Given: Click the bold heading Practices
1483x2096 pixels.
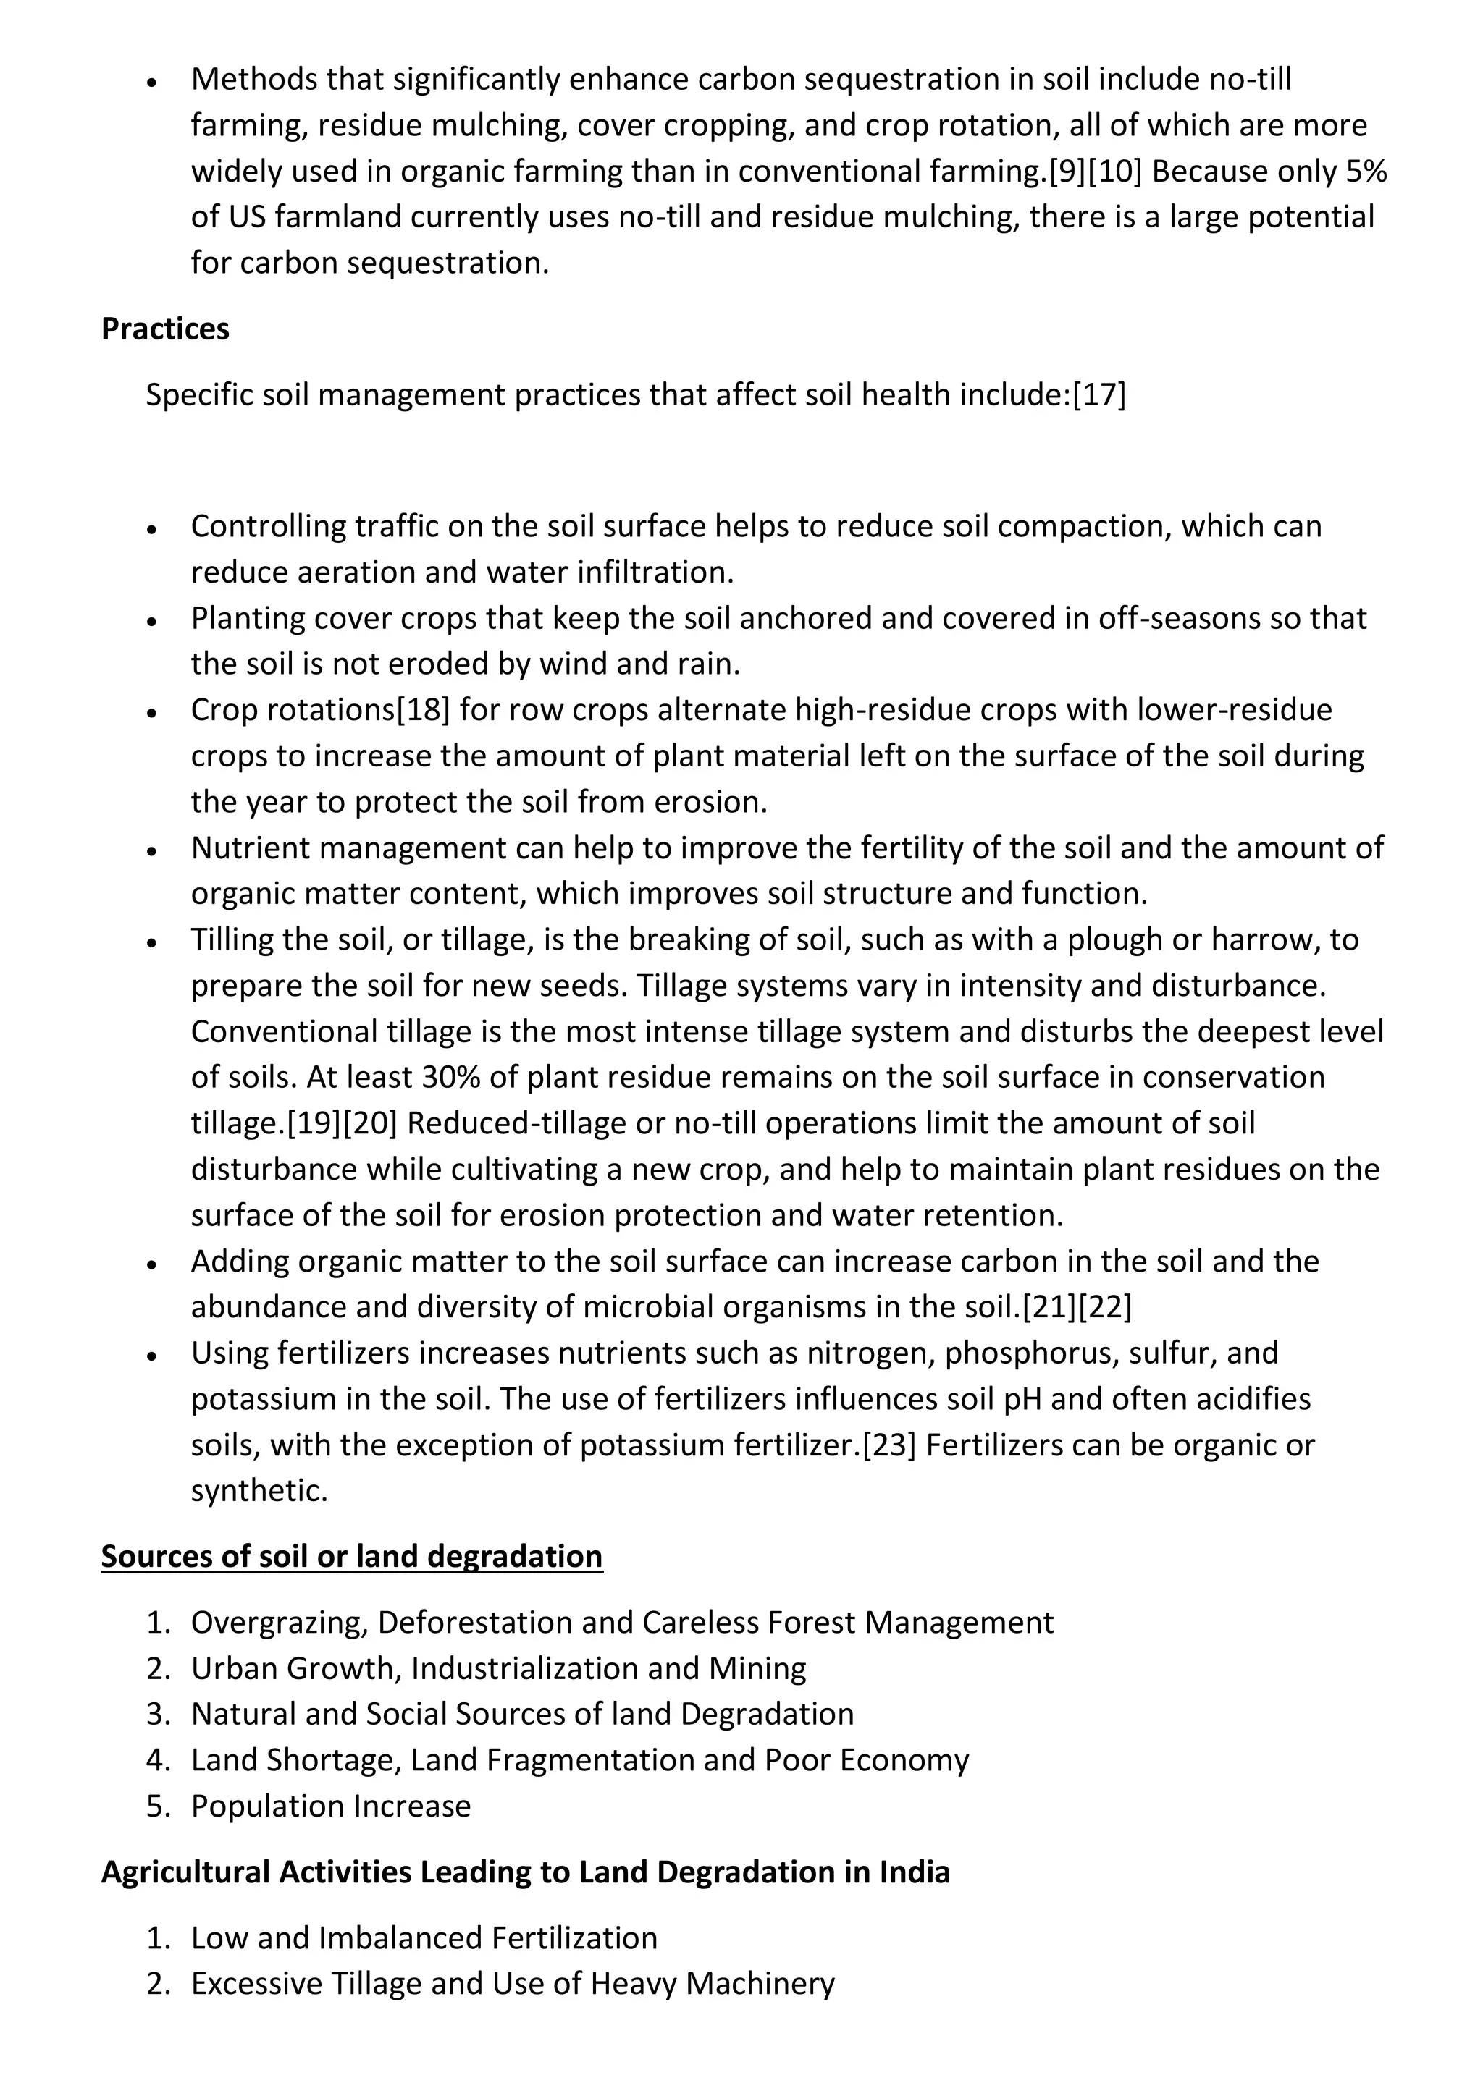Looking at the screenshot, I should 165,329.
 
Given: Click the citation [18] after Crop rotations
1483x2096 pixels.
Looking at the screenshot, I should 423,709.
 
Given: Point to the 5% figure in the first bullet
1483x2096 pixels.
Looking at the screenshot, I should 1367,172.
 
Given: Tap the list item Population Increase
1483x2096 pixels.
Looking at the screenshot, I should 331,1806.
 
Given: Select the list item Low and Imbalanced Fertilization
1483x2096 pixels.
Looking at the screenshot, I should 424,1938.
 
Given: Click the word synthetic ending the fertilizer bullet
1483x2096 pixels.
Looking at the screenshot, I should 259,1491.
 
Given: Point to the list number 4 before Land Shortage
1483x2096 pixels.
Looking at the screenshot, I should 157,1760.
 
